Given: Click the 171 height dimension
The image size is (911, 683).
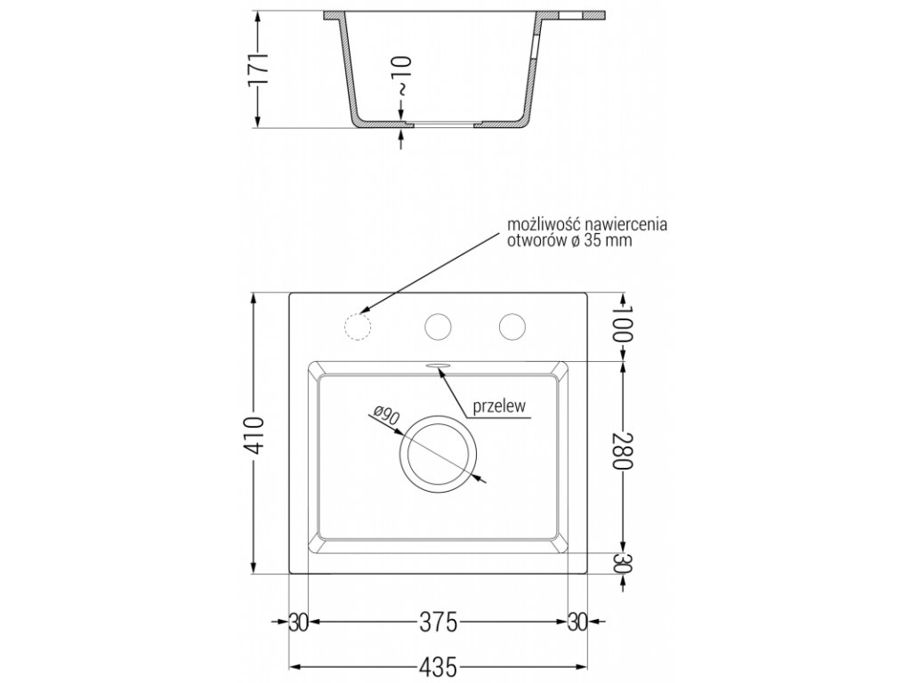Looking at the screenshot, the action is pos(257,69).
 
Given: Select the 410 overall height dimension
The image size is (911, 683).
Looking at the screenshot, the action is pos(256,435).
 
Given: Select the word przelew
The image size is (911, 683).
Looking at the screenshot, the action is pos(501,406).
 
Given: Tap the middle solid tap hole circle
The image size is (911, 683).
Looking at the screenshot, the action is pos(437,326).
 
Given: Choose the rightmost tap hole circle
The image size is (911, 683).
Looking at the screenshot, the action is pos(511,326).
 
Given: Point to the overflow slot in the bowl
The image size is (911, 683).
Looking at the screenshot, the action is pos(438,364).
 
